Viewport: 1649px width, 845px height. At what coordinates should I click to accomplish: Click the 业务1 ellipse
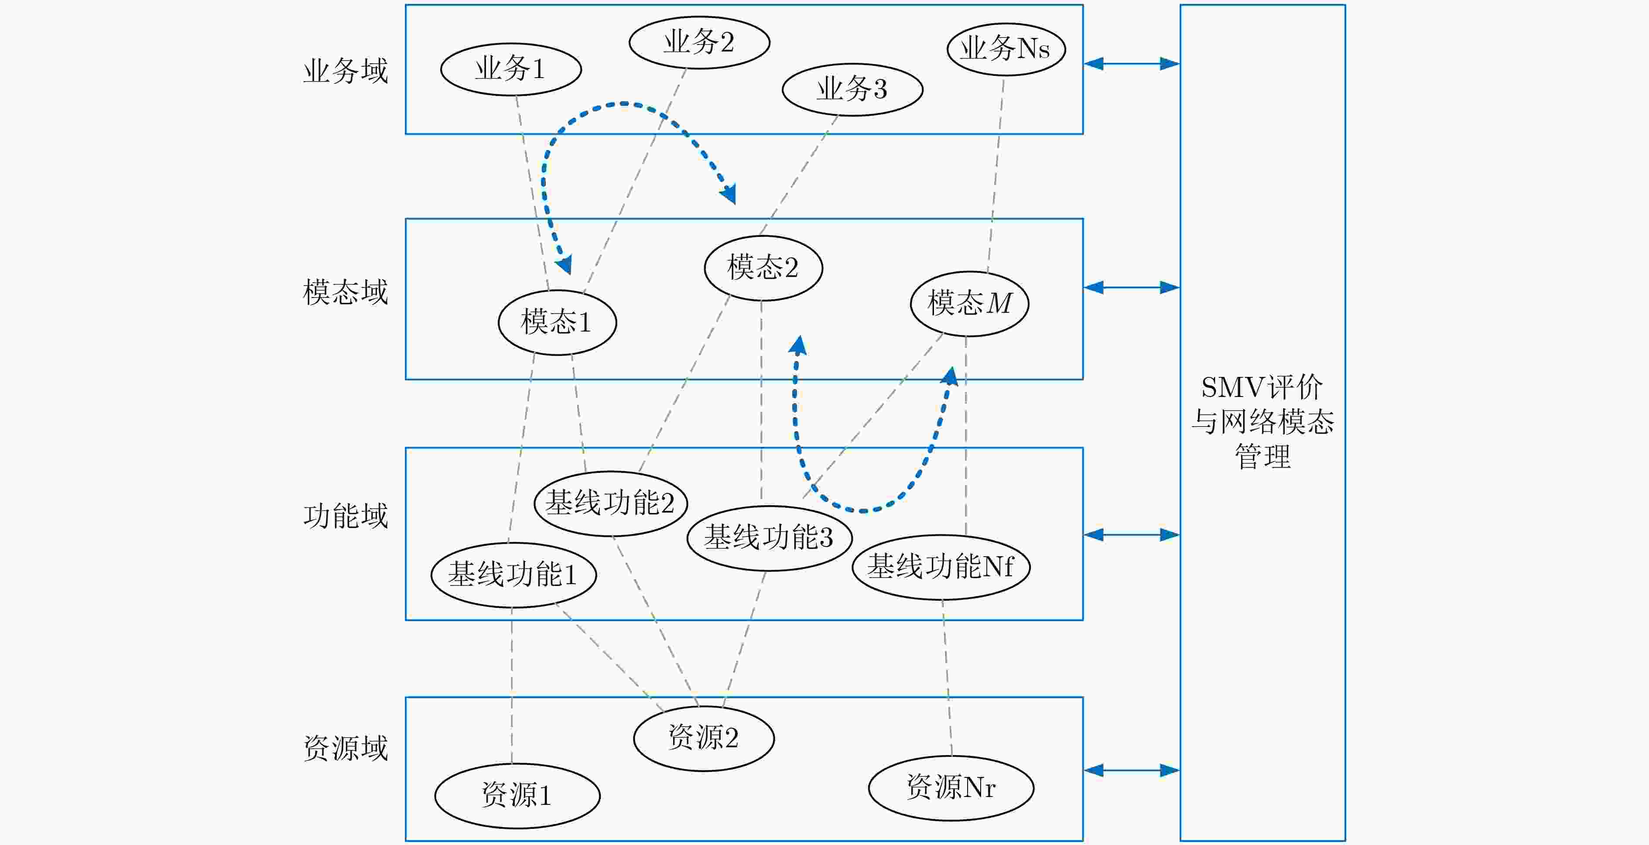[x=511, y=69]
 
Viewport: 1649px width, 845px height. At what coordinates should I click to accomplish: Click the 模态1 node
[x=557, y=322]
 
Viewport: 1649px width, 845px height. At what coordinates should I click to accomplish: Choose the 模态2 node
[x=763, y=267]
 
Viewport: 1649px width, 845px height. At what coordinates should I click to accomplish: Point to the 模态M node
[x=969, y=304]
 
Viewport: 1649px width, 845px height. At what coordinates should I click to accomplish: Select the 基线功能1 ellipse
[x=513, y=574]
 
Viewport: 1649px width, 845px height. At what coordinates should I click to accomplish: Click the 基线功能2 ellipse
[x=611, y=503]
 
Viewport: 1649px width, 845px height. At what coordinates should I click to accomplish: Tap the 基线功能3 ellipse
[x=769, y=538]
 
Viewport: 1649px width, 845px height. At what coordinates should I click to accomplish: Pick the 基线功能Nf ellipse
[x=941, y=567]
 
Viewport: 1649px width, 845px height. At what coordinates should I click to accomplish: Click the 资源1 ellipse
[x=517, y=796]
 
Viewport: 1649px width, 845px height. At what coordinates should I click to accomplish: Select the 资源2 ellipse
[x=704, y=738]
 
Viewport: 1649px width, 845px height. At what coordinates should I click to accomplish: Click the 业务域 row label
[x=346, y=70]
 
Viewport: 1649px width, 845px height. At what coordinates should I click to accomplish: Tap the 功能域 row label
[x=346, y=516]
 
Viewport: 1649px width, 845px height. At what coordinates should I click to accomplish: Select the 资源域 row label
[x=346, y=748]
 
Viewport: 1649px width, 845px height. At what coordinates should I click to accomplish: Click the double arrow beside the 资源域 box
[x=1132, y=770]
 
